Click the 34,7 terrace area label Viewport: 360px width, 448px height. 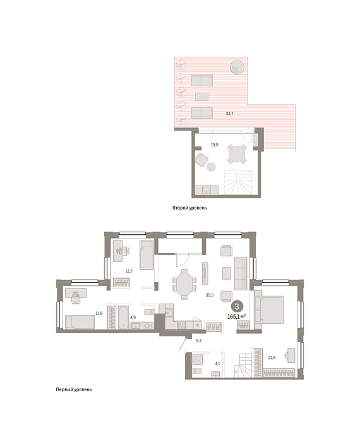230,114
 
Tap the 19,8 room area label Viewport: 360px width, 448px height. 215,145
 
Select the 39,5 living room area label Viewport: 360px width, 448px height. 210,295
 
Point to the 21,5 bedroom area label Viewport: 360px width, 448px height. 272,357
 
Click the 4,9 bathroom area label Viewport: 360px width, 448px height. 133,317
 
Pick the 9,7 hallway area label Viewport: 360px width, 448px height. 199,341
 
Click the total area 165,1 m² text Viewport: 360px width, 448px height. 236,317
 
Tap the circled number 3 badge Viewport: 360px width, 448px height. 237,307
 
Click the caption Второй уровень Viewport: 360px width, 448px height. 189,208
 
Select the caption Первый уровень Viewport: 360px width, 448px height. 74,389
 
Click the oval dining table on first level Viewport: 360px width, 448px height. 184,285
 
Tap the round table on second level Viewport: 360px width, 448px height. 237,154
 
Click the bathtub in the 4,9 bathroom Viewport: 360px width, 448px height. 124,318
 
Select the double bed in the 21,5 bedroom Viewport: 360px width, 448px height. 269,310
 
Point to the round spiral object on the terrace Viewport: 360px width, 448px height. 237,68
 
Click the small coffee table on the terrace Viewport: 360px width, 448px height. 201,97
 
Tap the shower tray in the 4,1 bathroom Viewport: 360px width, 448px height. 198,360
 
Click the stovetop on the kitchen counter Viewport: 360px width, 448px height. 181,325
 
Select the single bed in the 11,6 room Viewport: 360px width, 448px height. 80,322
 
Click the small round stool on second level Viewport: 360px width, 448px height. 211,167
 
